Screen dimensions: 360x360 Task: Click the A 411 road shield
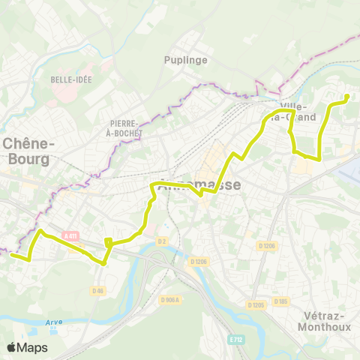click(71, 236)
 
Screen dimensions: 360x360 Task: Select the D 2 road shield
click(161, 241)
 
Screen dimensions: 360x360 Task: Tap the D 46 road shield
click(97, 290)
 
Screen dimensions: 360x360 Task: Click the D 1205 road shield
click(256, 304)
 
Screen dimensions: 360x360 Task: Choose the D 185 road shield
click(280, 301)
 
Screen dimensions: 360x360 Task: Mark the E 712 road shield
click(237, 338)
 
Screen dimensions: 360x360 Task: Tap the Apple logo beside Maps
click(11, 347)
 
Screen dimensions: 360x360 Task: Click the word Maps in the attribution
click(32, 347)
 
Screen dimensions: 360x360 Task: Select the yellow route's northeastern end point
click(347, 97)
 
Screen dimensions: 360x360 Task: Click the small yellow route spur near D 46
click(109, 241)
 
